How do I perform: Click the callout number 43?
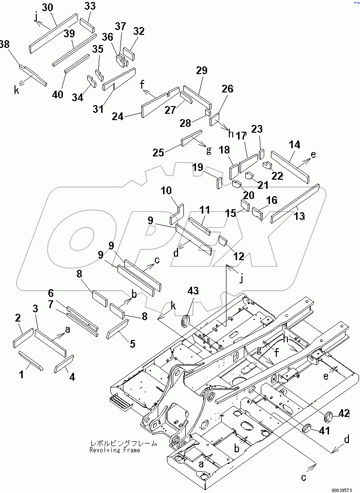(x=194, y=291)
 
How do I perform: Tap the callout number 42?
(x=344, y=413)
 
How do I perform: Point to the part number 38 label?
(x=4, y=45)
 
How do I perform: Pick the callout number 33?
(x=90, y=6)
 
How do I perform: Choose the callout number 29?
(x=202, y=71)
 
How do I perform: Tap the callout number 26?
(x=227, y=89)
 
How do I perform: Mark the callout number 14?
(x=295, y=144)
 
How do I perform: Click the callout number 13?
(x=300, y=216)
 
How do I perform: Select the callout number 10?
(x=166, y=191)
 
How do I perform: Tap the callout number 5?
(x=132, y=344)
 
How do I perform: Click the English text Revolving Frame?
(x=115, y=450)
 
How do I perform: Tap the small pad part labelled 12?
(x=223, y=240)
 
